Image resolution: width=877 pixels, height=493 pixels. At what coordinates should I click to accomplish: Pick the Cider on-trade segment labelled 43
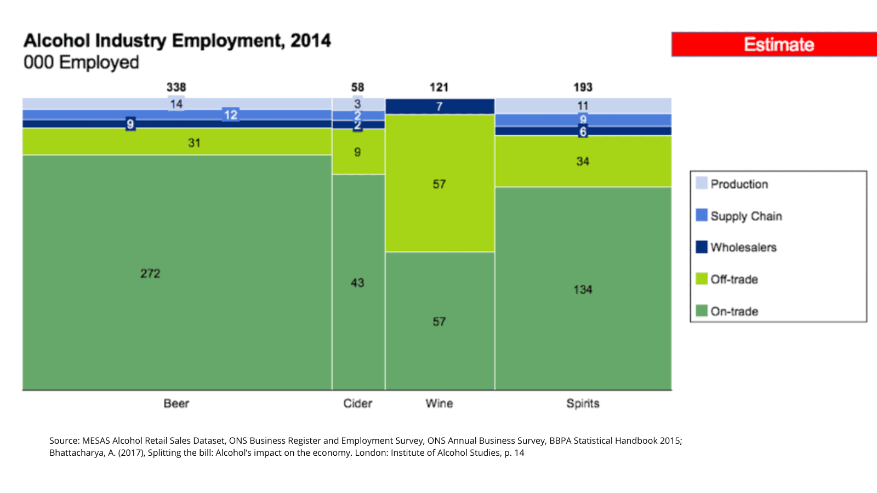[358, 282]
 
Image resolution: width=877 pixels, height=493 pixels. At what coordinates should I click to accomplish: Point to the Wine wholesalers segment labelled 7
[440, 106]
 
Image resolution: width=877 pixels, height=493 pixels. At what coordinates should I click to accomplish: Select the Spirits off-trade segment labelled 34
[583, 161]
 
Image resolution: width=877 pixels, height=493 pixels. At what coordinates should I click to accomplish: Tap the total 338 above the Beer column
[176, 87]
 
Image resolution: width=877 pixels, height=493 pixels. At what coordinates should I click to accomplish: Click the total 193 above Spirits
[583, 87]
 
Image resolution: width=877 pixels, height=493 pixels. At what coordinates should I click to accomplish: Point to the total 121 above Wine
[439, 87]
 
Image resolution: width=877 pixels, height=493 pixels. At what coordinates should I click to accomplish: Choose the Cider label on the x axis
[358, 404]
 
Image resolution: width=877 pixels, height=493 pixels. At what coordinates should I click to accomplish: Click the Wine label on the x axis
[439, 404]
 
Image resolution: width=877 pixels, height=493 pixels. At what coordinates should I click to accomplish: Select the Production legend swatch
[702, 183]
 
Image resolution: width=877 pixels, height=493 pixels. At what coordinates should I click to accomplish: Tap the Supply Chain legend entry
[746, 216]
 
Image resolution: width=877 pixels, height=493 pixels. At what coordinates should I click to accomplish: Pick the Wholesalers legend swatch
[702, 247]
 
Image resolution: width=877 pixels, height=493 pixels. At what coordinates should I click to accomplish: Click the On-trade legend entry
[734, 311]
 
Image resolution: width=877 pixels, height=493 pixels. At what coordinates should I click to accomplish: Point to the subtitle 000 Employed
[81, 62]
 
